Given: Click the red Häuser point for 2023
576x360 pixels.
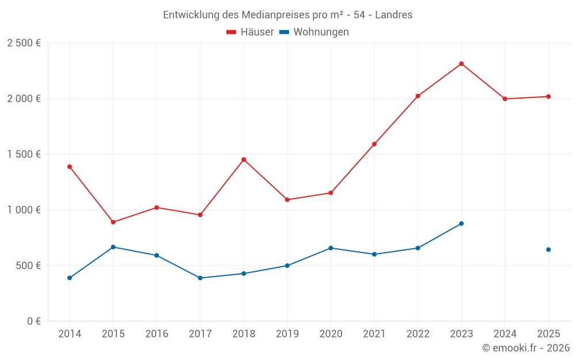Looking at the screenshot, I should [x=461, y=64].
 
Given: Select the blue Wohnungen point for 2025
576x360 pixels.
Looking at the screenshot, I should [x=548, y=249].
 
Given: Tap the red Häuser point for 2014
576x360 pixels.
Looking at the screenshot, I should [x=70, y=166].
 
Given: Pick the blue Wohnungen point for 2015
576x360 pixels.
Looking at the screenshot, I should [x=113, y=247].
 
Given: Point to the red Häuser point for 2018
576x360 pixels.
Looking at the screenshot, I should [x=244, y=160].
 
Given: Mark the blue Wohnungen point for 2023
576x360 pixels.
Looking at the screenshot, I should [x=461, y=223].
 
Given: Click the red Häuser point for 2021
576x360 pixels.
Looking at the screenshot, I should [x=374, y=144].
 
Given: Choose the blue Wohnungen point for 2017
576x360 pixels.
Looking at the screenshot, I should [x=200, y=278].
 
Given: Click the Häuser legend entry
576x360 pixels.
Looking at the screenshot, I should [x=250, y=32].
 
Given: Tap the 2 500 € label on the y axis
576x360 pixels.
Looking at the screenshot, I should [x=24, y=43].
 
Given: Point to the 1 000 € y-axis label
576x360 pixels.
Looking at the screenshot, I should [x=24, y=210].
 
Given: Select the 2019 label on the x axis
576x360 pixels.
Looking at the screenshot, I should [x=287, y=334].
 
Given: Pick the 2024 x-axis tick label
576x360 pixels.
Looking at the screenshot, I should [x=505, y=334].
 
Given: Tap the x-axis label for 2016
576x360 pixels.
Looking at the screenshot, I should [x=157, y=334].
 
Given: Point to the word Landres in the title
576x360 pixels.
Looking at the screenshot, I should [x=393, y=15].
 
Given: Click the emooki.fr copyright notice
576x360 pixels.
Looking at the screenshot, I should [x=526, y=348].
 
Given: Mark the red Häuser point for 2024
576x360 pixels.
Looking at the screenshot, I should [x=505, y=99].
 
